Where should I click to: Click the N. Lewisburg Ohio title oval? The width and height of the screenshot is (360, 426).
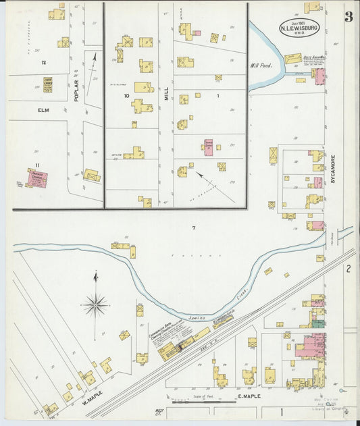(299, 28)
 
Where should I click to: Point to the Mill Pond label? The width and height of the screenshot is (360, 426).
(259, 66)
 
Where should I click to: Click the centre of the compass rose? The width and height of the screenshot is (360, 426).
(95, 305)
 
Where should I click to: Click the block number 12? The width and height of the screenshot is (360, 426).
(43, 63)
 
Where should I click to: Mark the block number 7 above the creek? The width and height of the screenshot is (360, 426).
(193, 228)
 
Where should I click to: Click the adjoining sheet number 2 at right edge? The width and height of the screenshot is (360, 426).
(349, 269)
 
